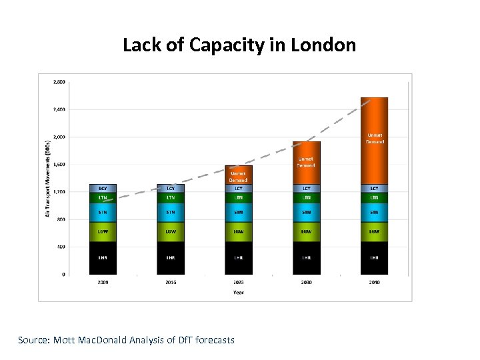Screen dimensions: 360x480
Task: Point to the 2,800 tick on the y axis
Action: [59, 82]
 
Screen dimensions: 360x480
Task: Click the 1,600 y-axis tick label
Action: [59, 164]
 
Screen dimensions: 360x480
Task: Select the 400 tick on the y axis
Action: [60, 247]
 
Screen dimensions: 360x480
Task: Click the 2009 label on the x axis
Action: [103, 282]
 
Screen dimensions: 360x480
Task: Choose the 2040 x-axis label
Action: [374, 282]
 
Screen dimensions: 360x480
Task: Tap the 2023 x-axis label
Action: [238, 282]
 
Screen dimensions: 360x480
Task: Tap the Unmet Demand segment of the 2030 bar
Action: [306, 162]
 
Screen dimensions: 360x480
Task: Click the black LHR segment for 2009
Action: [103, 257]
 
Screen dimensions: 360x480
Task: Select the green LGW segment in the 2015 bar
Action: [171, 231]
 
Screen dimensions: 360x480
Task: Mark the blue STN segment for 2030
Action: [306, 212]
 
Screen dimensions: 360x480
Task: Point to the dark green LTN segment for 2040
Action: [374, 197]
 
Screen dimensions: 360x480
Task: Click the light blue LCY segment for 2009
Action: [103, 188]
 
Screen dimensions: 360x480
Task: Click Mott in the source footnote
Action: [63, 340]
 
